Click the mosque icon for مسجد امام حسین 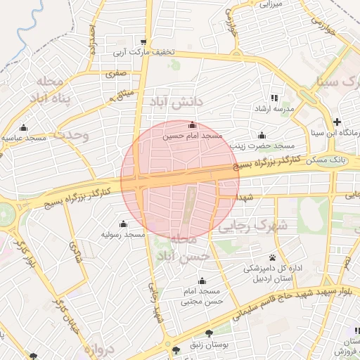click(x=192, y=125)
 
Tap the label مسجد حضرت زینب click(x=262, y=146)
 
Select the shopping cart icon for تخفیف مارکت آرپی click(x=144, y=41)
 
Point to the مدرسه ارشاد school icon click(x=274, y=98)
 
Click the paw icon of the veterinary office click(x=272, y=257)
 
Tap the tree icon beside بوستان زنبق click(x=208, y=333)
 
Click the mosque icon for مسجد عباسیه click(x=25, y=128)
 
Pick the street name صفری click(x=116, y=72)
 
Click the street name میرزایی click(x=271, y=4)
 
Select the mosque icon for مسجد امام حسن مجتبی click(x=201, y=281)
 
